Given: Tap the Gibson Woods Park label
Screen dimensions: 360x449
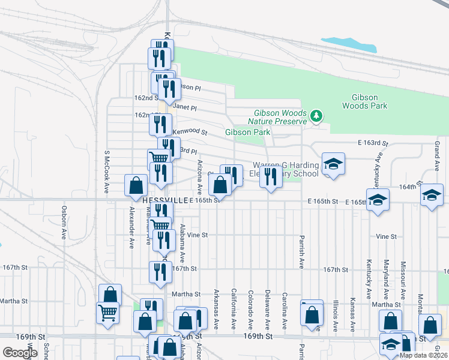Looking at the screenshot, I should [365, 101].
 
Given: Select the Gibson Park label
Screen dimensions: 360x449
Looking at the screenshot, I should [247, 132].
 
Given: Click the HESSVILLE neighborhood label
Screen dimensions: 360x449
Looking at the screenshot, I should [166, 200].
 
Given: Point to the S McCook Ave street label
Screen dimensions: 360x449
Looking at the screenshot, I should [106, 172].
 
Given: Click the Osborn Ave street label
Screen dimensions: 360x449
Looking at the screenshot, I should [64, 223].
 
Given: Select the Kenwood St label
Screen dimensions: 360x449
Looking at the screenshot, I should [190, 131].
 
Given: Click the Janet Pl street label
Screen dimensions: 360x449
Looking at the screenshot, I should [185, 109].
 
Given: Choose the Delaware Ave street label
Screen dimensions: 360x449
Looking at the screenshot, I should [267, 310].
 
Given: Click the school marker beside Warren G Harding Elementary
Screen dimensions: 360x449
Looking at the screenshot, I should [333, 164].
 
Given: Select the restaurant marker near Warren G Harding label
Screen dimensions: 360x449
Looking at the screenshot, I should [271, 177].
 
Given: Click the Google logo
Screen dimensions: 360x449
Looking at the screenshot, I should [20, 353].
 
